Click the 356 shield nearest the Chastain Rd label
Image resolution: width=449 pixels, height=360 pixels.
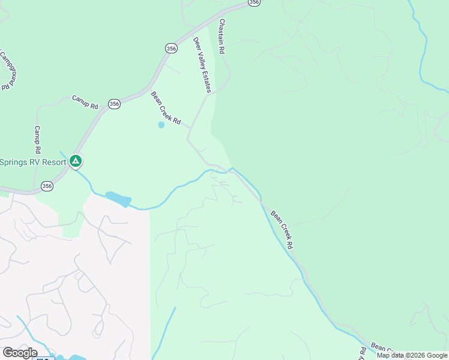coord(254,3)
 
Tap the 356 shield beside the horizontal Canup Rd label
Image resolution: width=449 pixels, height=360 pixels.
coord(115,104)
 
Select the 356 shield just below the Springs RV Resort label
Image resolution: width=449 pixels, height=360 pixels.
coord(47,187)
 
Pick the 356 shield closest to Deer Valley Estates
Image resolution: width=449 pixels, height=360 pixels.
coord(172,48)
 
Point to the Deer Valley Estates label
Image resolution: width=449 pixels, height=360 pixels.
coord(202,65)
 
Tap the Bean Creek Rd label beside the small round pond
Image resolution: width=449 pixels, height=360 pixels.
coord(166,107)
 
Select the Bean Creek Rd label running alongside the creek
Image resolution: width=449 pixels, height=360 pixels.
coord(282,229)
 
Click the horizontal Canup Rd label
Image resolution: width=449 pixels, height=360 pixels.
coord(85,101)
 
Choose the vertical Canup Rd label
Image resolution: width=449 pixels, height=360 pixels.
coord(37,139)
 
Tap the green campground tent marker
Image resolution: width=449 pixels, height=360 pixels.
coord(76,161)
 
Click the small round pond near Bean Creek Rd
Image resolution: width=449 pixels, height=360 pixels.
coord(161,125)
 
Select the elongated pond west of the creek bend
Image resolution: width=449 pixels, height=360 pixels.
coord(118,199)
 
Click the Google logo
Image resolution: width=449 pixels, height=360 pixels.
coord(20,353)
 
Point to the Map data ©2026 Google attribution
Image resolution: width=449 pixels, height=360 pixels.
coord(412,355)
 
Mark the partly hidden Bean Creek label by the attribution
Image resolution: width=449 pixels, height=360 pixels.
coord(382,347)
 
